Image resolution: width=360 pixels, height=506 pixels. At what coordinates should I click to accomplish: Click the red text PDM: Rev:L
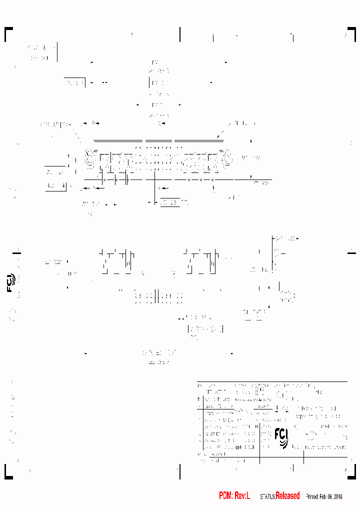[234, 495]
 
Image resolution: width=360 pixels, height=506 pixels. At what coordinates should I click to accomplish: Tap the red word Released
[287, 495]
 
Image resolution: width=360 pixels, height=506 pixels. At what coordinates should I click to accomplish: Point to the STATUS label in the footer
[267, 496]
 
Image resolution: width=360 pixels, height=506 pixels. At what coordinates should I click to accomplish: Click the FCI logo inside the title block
[281, 437]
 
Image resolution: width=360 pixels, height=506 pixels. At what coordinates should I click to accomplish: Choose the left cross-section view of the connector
[115, 261]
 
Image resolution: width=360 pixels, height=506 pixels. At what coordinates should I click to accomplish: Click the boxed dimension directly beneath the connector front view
[169, 202]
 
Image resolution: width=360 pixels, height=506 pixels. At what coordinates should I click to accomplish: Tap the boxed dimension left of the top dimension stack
[74, 82]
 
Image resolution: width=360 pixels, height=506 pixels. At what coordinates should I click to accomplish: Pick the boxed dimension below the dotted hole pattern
[205, 329]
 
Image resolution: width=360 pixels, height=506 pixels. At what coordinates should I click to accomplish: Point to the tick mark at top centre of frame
[179, 34]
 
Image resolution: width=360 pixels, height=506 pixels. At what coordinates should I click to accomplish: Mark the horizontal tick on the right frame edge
[351, 253]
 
